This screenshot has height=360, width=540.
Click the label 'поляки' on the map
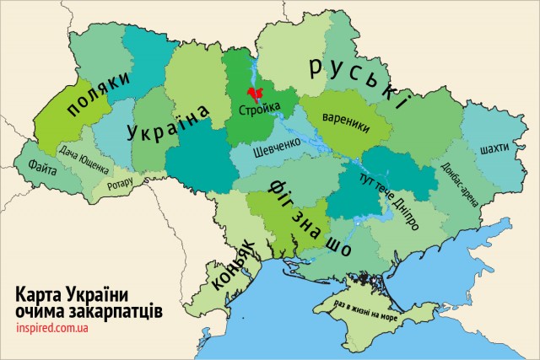[100, 94]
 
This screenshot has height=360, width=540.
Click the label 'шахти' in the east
[493, 148]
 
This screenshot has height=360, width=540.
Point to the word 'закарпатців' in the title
[116, 310]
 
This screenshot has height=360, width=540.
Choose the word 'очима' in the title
[41, 310]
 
